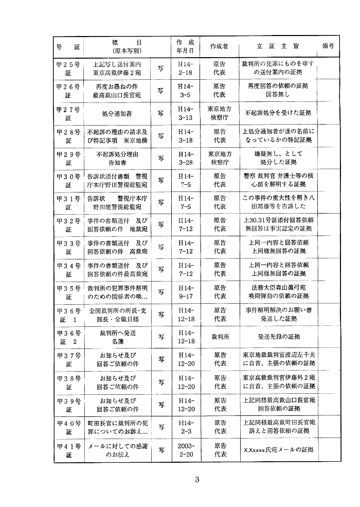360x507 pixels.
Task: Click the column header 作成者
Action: [219, 46]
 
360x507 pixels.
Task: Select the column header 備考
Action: [328, 46]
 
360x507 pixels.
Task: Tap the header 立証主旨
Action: [278, 46]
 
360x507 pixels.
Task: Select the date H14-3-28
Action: [185, 157]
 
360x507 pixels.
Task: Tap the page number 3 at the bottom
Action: [197, 480]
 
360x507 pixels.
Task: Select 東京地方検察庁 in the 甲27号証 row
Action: [219, 112]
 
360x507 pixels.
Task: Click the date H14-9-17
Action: [185, 291]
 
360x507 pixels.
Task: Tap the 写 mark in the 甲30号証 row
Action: [161, 180]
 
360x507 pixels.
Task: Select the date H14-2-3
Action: [185, 426]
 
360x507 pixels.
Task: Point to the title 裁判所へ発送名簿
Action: [118, 337]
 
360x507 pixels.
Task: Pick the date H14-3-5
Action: [185, 91]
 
